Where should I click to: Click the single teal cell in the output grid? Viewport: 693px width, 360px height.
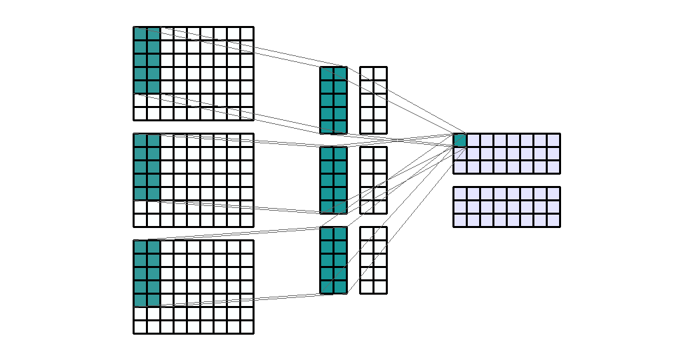coord(460,140)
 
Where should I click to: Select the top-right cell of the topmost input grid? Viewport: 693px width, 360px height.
coord(247,33)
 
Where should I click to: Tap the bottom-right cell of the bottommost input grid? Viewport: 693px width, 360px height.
coord(247,327)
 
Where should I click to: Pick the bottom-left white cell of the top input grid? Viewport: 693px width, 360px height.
coord(140,113)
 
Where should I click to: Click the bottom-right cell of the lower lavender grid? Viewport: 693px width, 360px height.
coord(553,220)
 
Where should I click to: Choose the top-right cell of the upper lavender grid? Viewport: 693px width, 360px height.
coord(553,140)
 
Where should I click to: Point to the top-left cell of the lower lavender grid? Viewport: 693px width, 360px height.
coord(460,193)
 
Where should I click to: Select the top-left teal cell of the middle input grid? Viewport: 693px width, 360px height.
coord(140,140)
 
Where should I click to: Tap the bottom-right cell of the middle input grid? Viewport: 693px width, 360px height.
coord(247,220)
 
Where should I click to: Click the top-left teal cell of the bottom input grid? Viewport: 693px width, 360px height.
coord(140,247)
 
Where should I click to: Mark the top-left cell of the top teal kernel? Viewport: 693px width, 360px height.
coord(327,73)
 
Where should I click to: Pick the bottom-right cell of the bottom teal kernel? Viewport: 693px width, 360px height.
coord(340,287)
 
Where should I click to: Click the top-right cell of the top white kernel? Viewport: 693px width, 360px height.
coord(380,73)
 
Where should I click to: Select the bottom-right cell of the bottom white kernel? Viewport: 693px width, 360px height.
coord(380,287)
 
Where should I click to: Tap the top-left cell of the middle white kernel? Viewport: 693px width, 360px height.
coord(366,153)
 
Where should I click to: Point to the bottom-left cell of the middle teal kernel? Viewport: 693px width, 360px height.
coord(327,207)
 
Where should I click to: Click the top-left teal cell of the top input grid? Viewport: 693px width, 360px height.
coord(140,33)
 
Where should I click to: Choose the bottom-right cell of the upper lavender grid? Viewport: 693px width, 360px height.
coord(553,167)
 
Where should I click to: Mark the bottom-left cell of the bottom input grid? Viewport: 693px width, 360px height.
coord(140,327)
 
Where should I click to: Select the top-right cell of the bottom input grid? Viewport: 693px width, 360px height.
coord(247,247)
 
